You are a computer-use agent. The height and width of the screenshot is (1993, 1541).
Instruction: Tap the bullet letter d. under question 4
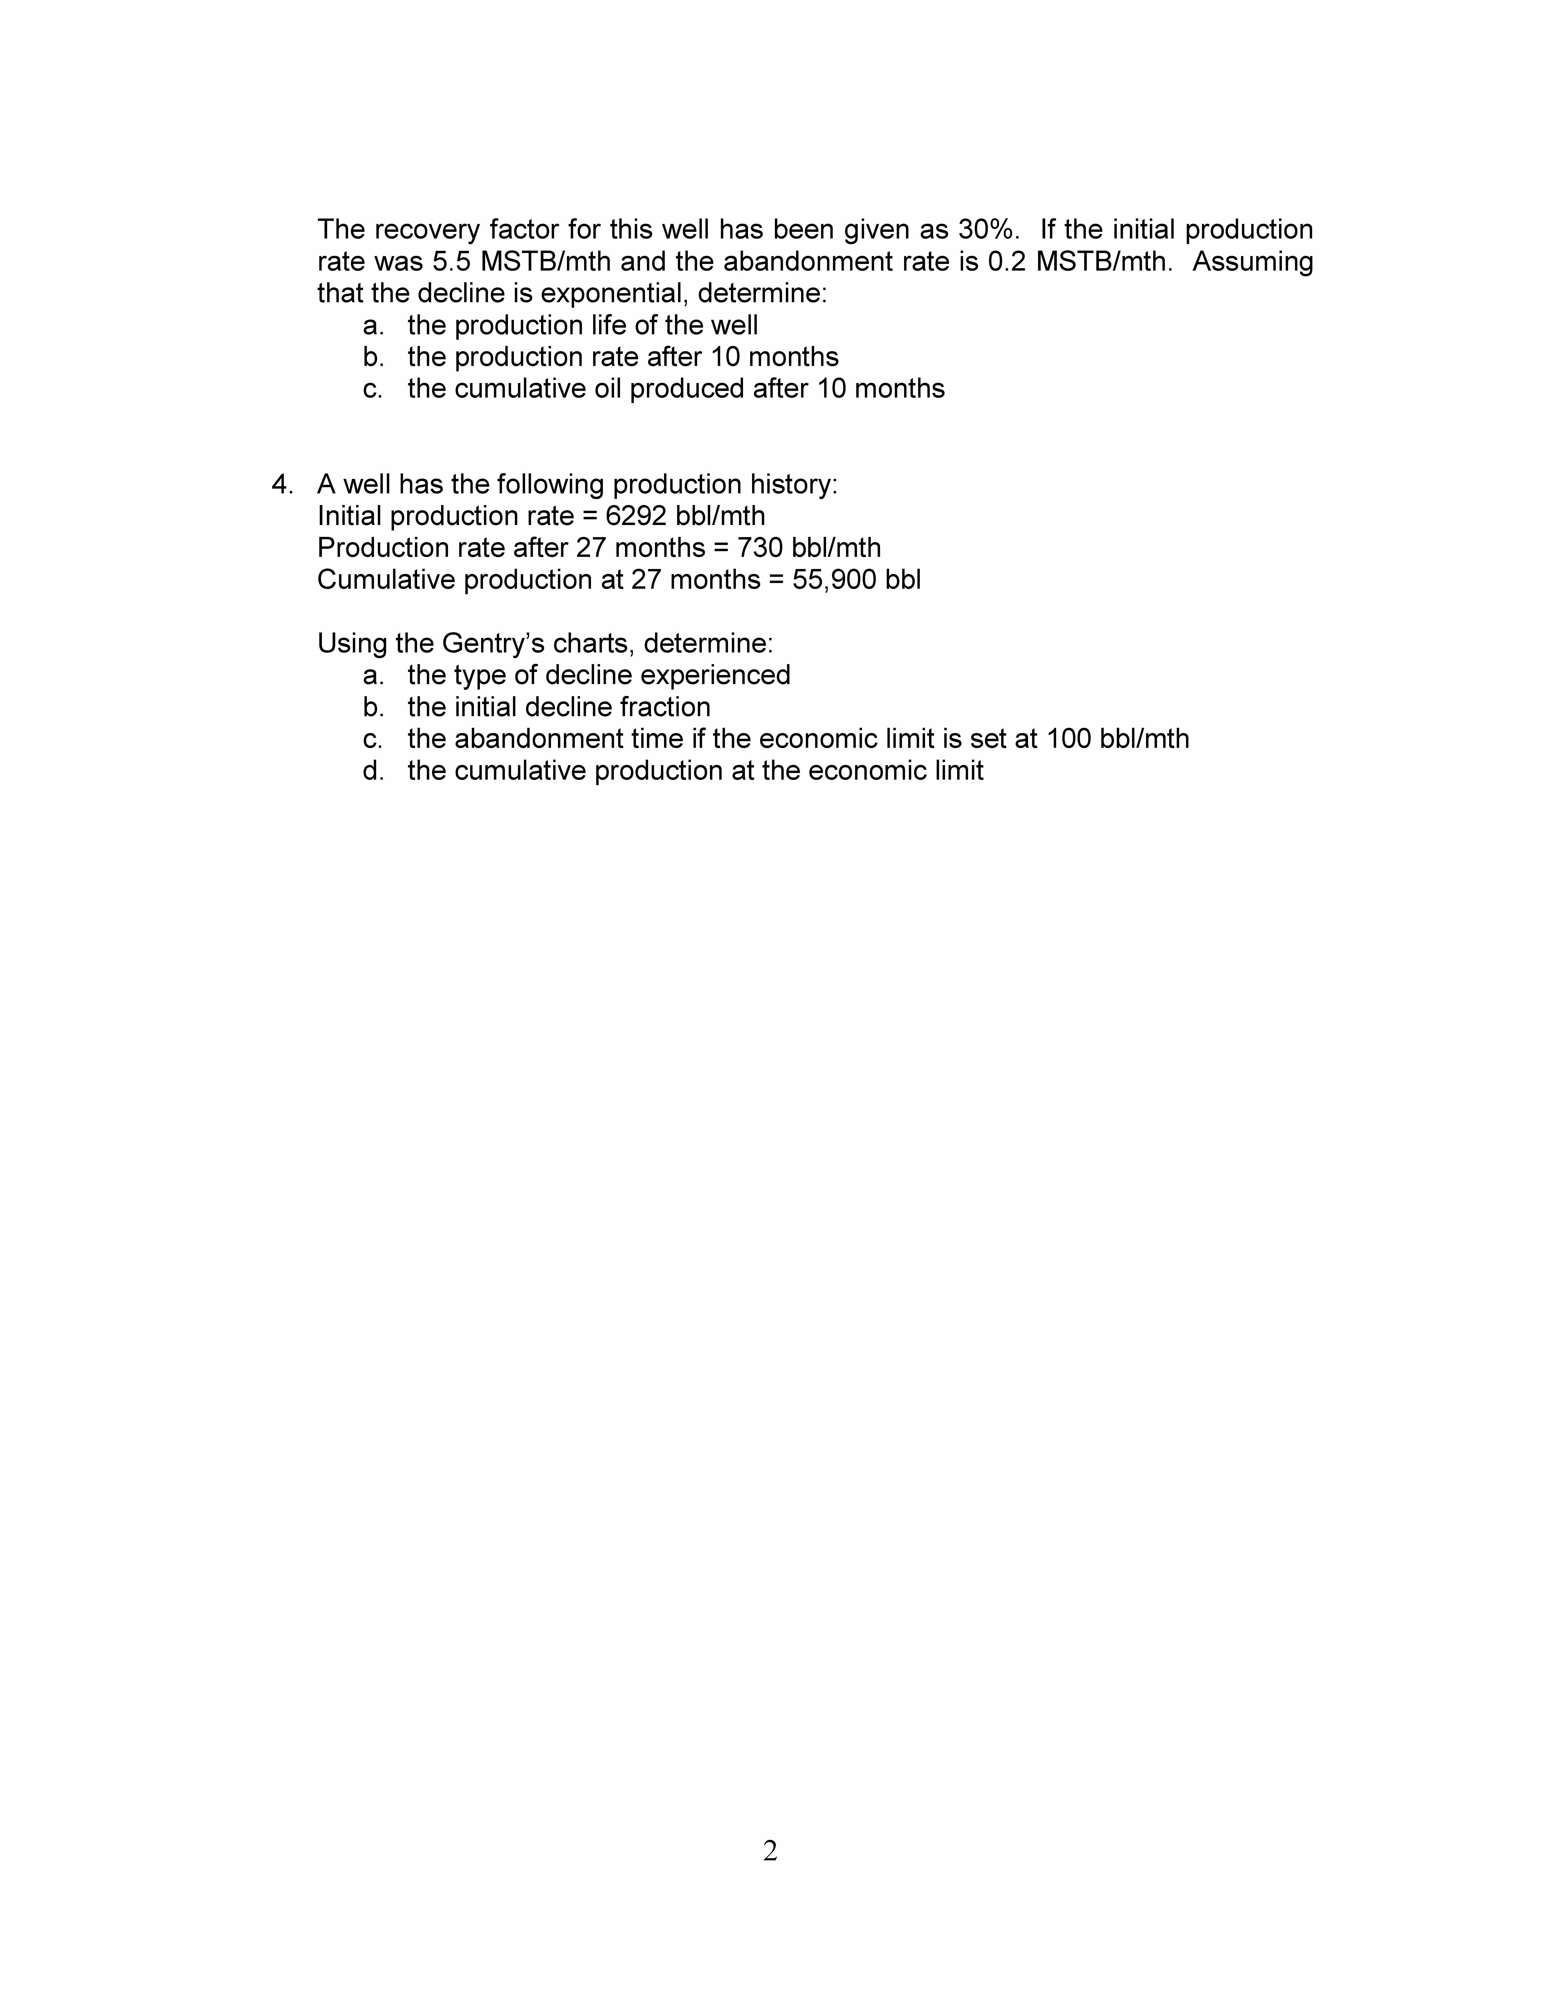(373, 771)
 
